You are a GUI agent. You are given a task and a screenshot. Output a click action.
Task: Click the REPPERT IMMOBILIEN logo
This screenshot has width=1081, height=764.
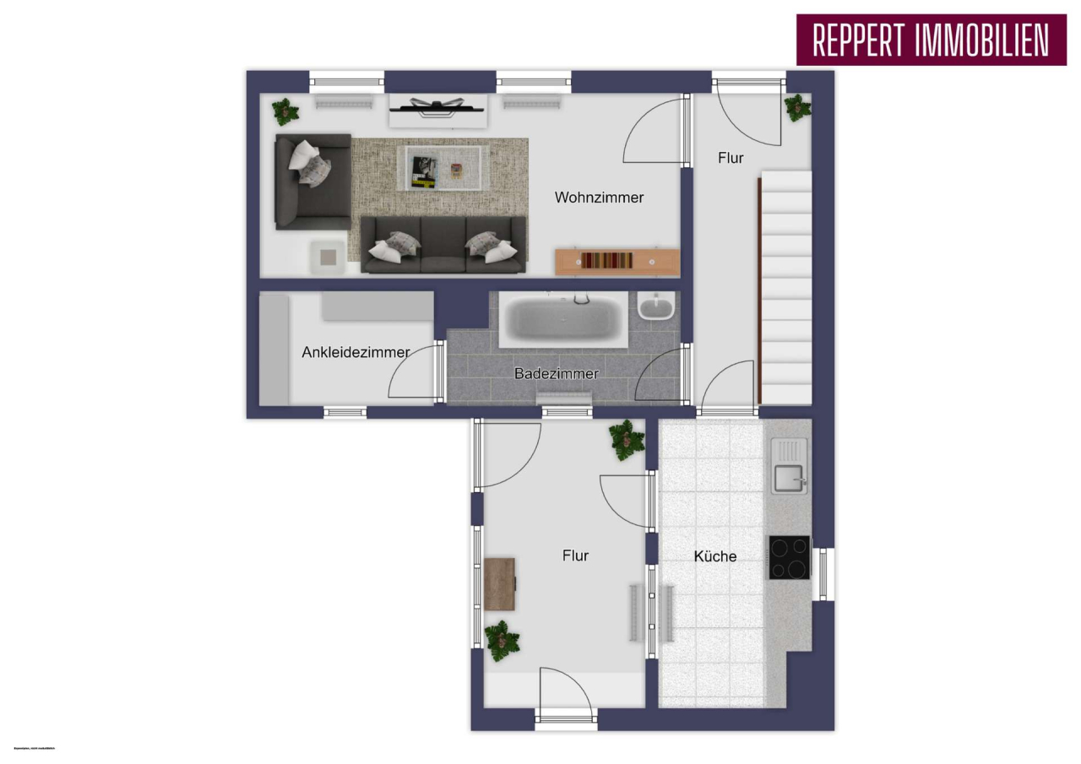click(931, 40)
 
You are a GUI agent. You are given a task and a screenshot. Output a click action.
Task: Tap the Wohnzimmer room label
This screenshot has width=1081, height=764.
click(599, 198)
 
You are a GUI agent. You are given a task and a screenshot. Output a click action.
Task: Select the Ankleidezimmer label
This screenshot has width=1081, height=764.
click(356, 352)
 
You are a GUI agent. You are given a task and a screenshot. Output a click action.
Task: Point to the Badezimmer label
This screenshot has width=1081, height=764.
click(556, 373)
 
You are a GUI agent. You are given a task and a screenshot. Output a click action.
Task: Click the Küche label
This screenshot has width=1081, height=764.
click(714, 556)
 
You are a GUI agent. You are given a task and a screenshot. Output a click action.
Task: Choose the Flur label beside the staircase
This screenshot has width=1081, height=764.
click(731, 158)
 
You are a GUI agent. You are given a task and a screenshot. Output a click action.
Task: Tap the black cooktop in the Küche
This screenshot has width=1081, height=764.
click(789, 557)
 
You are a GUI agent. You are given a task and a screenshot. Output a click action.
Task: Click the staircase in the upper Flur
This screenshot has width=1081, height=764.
click(785, 287)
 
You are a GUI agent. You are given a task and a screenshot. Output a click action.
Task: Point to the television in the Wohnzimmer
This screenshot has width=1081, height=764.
click(437, 106)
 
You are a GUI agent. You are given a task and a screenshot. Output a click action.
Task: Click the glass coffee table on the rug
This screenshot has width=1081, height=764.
click(443, 167)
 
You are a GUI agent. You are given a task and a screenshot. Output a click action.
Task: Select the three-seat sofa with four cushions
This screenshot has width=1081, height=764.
click(443, 244)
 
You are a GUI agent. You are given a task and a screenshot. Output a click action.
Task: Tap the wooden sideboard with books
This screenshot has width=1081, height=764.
click(617, 261)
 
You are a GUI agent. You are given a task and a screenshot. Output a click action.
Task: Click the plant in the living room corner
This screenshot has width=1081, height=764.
click(285, 111)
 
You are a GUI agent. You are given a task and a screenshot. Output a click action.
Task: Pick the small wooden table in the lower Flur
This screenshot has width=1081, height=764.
click(500, 583)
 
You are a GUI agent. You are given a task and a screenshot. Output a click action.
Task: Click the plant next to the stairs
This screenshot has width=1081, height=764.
click(796, 107)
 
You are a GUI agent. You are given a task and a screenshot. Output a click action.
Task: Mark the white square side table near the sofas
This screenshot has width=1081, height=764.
click(326, 256)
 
